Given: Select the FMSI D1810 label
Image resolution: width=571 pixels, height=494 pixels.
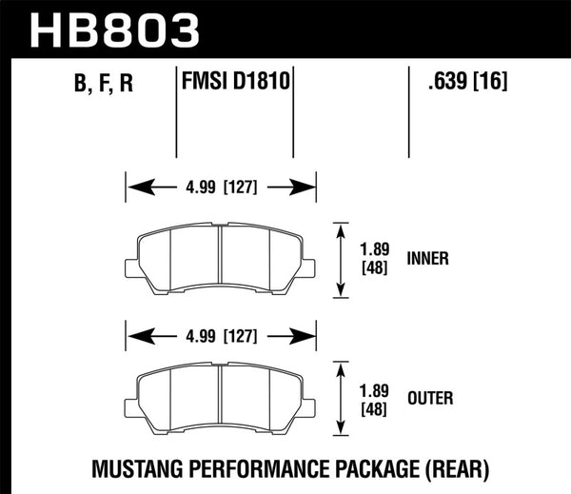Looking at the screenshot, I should coord(235,82).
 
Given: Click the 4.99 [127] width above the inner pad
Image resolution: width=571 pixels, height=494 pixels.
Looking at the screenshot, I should coord(220,187).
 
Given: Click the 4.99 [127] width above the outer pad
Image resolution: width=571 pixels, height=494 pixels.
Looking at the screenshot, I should coord(220,334).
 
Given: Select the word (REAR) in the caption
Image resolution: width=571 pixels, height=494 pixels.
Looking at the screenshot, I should coord(457,468).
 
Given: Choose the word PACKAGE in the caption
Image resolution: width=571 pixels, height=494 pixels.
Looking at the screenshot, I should coord(366,468).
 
